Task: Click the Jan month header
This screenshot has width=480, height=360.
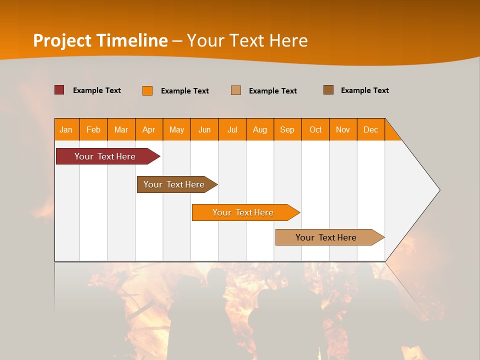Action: point(66,129)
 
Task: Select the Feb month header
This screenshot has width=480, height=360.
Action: point(93,129)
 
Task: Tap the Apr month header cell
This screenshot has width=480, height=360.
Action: point(149,129)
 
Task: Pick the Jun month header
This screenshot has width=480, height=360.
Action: point(204,129)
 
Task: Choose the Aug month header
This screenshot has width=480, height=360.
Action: point(260,129)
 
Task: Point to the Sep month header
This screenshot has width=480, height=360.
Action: point(287,129)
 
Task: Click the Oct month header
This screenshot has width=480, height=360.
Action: point(315,129)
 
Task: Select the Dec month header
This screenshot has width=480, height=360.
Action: point(371,129)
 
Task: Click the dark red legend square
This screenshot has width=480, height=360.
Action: point(59,90)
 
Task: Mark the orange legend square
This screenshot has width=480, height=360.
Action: point(147,90)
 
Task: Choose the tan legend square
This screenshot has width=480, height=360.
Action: point(236,90)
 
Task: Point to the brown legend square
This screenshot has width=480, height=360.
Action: point(328,90)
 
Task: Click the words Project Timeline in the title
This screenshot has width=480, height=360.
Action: point(100,40)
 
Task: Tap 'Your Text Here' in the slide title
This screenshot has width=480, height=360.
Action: point(247,40)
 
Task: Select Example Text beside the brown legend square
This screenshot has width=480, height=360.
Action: point(364,90)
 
